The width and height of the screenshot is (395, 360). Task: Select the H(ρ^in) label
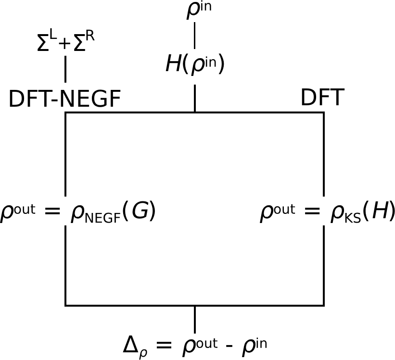click(194, 64)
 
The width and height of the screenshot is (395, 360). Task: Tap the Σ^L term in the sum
click(45, 44)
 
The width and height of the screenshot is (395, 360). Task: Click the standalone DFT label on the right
click(322, 98)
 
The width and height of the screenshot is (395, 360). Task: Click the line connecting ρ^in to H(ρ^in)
click(194, 35)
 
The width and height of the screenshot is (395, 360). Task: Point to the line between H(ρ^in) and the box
click(194, 98)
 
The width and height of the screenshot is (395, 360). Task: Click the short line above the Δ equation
click(194, 317)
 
